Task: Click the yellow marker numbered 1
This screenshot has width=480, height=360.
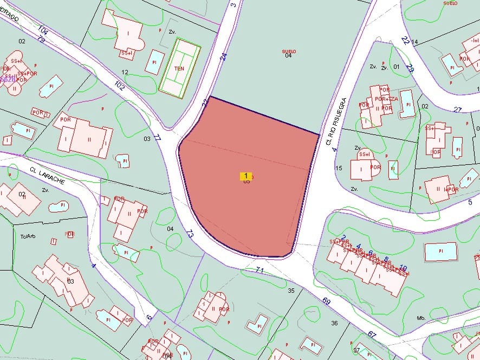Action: click(x=246, y=176)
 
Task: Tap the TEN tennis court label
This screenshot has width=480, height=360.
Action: click(x=179, y=69)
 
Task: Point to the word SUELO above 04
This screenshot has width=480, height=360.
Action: click(x=289, y=52)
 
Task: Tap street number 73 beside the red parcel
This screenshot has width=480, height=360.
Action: click(x=189, y=234)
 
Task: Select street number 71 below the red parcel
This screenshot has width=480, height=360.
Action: click(x=260, y=269)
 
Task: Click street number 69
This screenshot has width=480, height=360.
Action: click(x=326, y=301)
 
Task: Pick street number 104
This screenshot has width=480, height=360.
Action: click(x=44, y=31)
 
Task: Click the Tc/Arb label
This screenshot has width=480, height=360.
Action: click(x=27, y=236)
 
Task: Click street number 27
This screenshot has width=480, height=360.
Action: click(x=458, y=110)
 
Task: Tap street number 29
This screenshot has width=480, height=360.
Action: click(x=410, y=69)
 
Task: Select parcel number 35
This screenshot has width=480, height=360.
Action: click(x=291, y=291)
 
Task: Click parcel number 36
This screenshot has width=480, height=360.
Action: click(x=334, y=323)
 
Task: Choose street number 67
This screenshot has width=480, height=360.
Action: click(x=372, y=334)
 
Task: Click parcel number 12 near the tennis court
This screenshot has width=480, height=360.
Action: click(x=125, y=72)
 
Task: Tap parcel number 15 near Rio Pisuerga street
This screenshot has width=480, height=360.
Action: click(x=339, y=168)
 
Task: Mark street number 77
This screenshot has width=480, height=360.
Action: click(x=158, y=138)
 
